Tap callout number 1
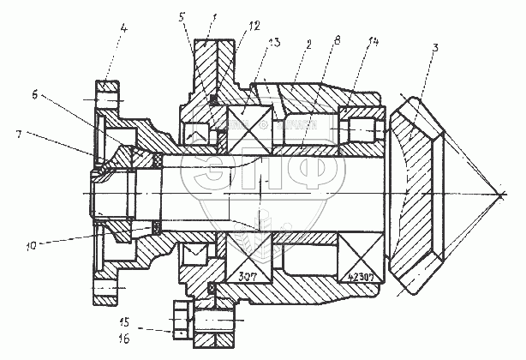215,15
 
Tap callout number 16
124,339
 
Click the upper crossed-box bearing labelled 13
248,123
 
